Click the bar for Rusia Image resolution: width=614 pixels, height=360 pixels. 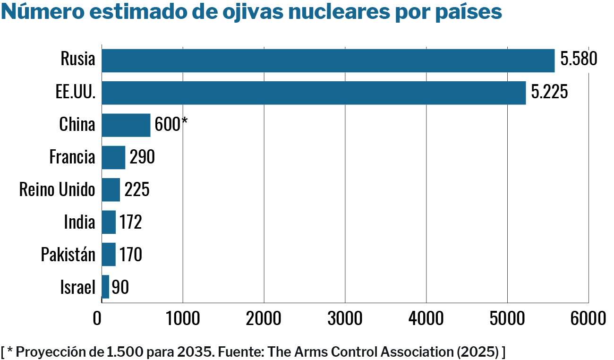coord(328,60)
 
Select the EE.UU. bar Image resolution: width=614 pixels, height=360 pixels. coord(314,93)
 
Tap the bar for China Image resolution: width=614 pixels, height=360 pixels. coord(126,125)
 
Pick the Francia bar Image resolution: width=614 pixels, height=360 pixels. coord(113,157)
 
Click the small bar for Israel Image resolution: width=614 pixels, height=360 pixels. coord(105,287)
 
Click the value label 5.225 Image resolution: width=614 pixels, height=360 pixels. coord(549,92)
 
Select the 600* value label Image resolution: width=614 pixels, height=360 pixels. coord(171,125)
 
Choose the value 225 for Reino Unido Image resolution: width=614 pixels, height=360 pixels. coord(136,189)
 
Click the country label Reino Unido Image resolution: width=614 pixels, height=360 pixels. coord(57,189)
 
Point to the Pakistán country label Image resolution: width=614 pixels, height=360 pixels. coord(68,255)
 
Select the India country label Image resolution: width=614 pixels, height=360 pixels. coord(79,222)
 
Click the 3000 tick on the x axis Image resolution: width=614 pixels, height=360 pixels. coord(345,319)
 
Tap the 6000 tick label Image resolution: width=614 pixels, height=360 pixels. coord(588,319)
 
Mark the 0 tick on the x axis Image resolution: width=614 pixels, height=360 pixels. coord(97,319)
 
